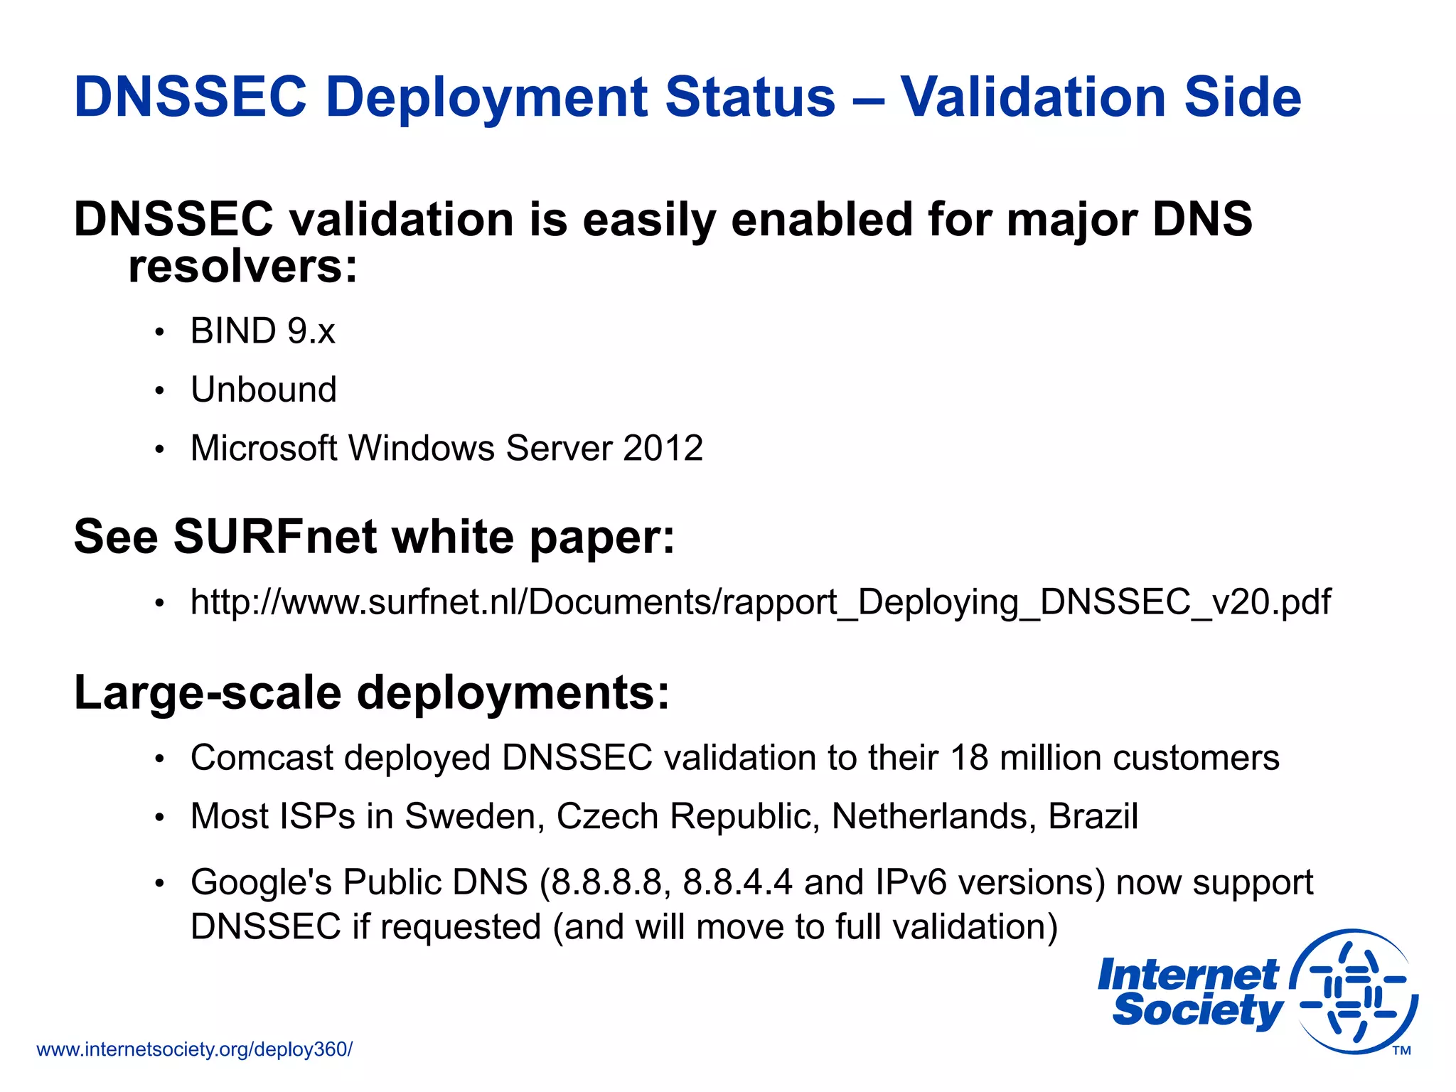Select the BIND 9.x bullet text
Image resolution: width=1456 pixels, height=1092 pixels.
[x=262, y=331]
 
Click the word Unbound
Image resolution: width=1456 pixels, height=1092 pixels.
[x=264, y=390]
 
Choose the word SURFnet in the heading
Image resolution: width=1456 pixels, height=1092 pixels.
[x=274, y=536]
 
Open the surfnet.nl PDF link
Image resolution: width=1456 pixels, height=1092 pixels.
[x=760, y=602]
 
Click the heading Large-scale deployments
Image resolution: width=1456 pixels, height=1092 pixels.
[x=372, y=692]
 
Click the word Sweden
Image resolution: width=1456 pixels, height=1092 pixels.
[x=474, y=816]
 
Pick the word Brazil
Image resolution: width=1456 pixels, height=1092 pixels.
[x=1093, y=816]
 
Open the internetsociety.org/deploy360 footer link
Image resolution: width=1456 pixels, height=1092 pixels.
[x=194, y=1049]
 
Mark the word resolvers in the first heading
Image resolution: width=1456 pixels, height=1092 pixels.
[x=242, y=267]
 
